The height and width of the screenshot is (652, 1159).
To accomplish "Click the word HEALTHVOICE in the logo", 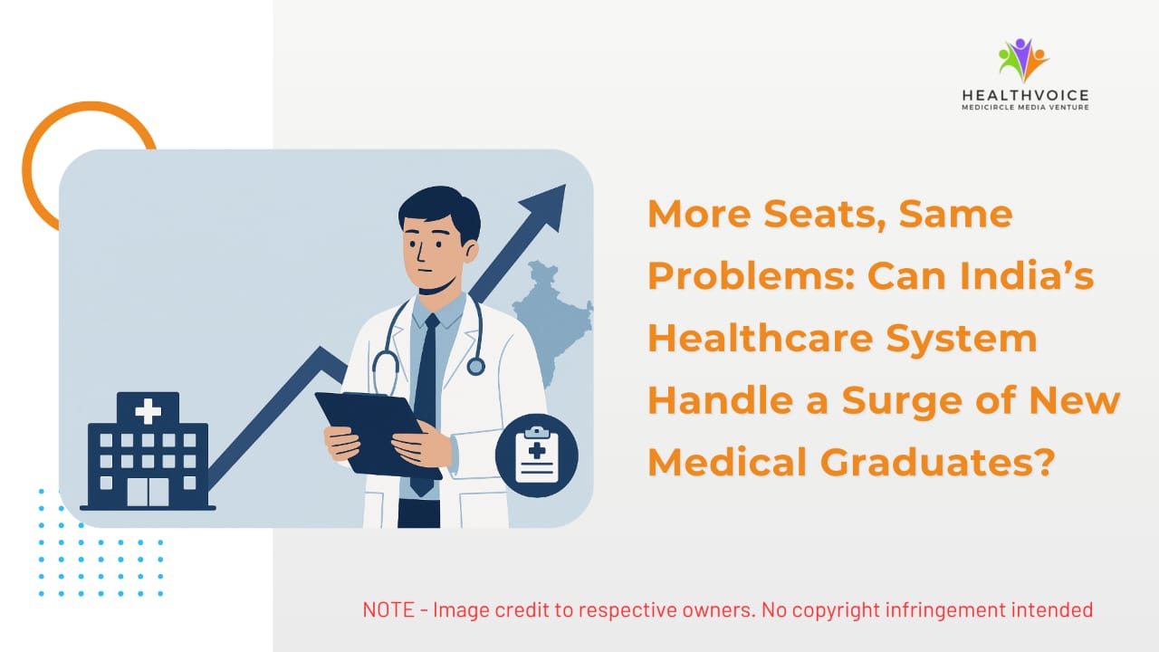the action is [1026, 96].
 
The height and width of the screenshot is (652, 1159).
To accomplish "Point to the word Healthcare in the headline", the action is [761, 338].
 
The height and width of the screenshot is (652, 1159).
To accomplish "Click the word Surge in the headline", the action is [902, 400].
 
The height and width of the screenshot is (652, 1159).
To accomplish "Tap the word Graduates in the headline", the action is [937, 462].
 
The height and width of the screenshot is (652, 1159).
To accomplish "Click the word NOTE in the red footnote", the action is [388, 609].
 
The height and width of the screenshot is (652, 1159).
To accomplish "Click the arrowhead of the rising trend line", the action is [546, 205].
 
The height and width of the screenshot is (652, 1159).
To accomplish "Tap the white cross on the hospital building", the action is [148, 411].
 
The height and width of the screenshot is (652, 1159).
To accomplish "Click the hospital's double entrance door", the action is [148, 492].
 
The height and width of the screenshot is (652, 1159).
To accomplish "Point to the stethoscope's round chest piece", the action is [475, 367].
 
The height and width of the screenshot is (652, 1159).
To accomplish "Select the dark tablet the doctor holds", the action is [378, 435].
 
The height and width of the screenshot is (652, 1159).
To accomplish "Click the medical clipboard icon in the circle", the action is [537, 455].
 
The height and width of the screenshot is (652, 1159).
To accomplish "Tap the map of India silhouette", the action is [552, 321].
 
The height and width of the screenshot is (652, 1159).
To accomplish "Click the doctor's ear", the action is [471, 252].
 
